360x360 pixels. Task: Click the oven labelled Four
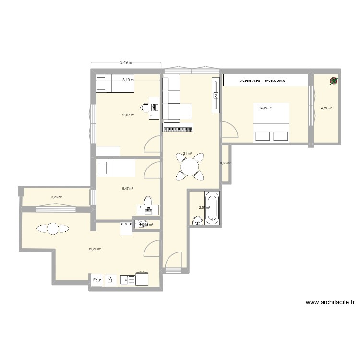[97, 279]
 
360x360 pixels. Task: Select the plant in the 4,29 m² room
[334, 82]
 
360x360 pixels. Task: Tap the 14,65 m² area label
[265, 108]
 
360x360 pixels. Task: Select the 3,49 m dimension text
[126, 62]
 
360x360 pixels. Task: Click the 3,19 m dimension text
[128, 80]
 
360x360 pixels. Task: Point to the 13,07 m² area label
[128, 115]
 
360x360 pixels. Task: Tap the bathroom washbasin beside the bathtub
[197, 220]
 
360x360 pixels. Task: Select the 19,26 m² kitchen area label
[95, 249]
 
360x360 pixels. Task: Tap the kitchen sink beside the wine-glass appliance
[127, 279]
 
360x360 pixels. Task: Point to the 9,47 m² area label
[127, 189]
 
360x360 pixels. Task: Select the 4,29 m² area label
[326, 108]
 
